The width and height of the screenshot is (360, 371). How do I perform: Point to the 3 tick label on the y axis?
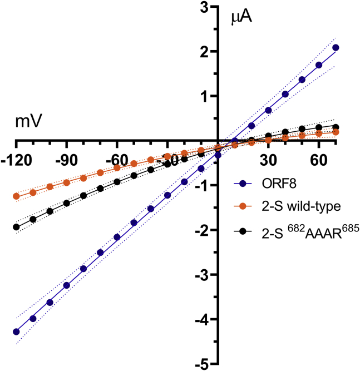205,7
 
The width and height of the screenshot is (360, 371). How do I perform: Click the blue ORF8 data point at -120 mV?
16,332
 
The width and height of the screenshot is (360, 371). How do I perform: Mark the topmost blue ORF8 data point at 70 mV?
336,48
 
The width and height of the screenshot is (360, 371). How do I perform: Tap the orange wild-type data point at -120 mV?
16,196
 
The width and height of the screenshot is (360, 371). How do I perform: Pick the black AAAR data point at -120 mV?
16,227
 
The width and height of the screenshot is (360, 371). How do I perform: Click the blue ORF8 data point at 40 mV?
285,95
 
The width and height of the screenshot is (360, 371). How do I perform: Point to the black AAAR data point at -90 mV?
67,203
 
